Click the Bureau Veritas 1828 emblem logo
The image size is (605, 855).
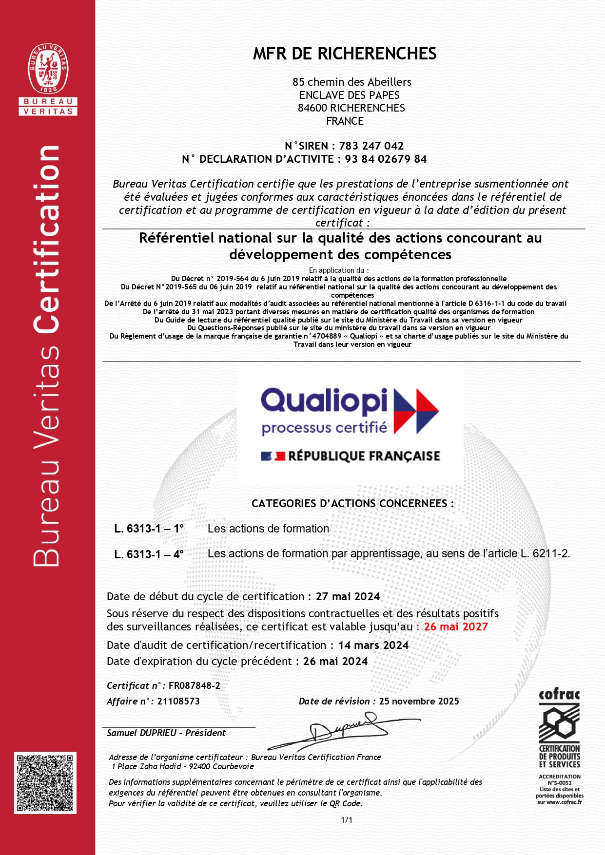pos(48,69)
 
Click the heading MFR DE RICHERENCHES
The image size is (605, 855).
pos(344,54)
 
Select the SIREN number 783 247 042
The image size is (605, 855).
pos(371,146)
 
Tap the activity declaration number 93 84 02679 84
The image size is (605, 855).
pos(386,159)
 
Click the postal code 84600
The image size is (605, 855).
pos(312,108)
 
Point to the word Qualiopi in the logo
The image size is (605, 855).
pos(324,401)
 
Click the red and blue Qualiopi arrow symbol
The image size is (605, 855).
pos(416,411)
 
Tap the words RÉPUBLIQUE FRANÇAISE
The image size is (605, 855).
pos(364,456)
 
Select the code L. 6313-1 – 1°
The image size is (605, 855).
pos(149,529)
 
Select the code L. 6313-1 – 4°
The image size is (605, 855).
pos(149,554)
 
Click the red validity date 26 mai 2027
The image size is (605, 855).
pos(456,627)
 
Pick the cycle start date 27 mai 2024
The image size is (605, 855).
pos(348,596)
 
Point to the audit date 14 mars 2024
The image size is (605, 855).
pos(373,645)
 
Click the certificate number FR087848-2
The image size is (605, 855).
pos(194,685)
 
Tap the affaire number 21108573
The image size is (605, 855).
pos(178,701)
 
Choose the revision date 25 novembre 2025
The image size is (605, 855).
pos(419,701)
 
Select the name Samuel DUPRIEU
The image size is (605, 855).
pos(141,733)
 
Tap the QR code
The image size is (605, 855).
pos(45,783)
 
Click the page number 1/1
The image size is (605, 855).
pos(347,820)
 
